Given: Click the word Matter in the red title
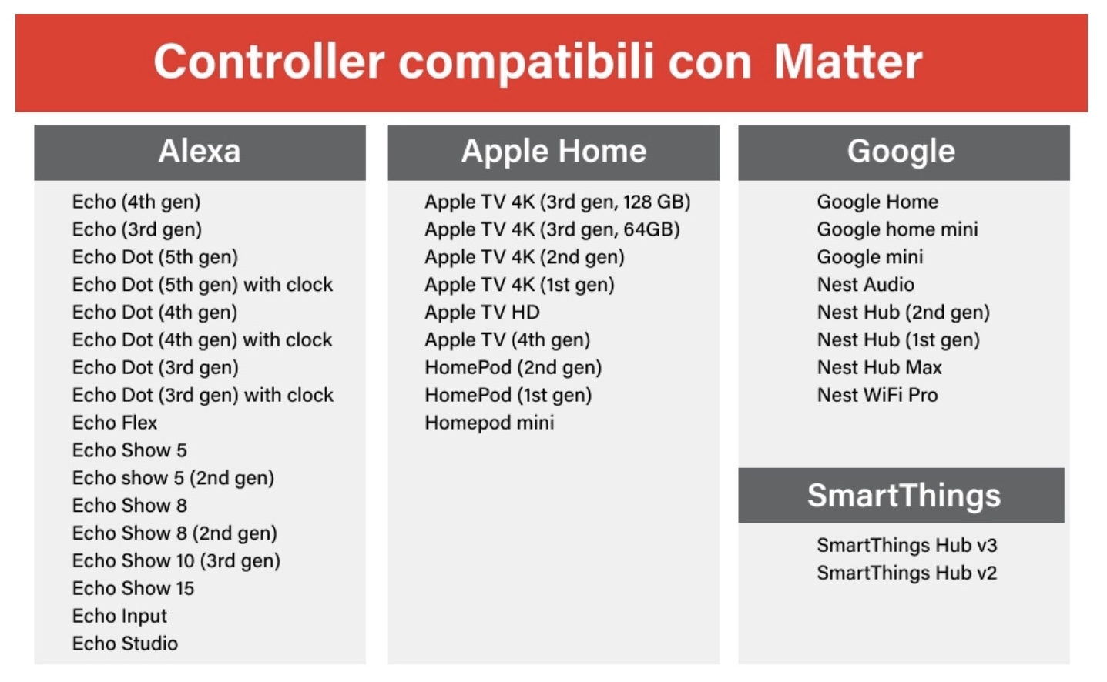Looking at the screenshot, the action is point(847,62).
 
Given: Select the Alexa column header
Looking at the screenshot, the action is point(200,152).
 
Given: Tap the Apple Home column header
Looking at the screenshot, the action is point(553,152).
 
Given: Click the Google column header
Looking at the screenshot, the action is point(904,152).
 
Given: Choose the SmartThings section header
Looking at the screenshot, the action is point(901,495).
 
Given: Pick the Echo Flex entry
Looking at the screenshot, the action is point(115,423).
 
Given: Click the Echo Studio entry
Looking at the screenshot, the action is point(125,644).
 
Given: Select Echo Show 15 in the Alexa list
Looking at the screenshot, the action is point(133,588).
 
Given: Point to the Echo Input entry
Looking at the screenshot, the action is point(119,617).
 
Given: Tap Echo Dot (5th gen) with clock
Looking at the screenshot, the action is point(203,285).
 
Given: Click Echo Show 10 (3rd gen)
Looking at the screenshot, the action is point(176,561).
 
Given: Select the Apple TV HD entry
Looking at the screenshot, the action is point(482,312).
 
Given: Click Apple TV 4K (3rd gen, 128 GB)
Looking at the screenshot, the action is point(558,202).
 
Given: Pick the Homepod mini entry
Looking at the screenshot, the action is point(489,423).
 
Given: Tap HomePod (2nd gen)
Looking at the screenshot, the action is point(514,368).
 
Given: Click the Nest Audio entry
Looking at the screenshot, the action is point(866,285).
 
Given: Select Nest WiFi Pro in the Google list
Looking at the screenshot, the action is point(877,395).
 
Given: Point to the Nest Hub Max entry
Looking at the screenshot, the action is point(880,367).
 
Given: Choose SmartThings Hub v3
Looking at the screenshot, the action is point(907,545).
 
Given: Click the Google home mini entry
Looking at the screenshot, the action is point(897,229).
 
